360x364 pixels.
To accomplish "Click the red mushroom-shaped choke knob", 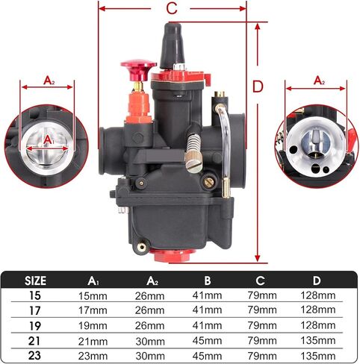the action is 138,69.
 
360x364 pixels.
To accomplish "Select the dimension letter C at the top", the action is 172,8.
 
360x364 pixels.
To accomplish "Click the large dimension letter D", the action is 258,87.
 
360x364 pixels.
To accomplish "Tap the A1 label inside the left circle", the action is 49,140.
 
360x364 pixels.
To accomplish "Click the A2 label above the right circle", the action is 319,81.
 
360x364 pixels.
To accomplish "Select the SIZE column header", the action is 35,280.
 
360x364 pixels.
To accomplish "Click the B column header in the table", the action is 208,280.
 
